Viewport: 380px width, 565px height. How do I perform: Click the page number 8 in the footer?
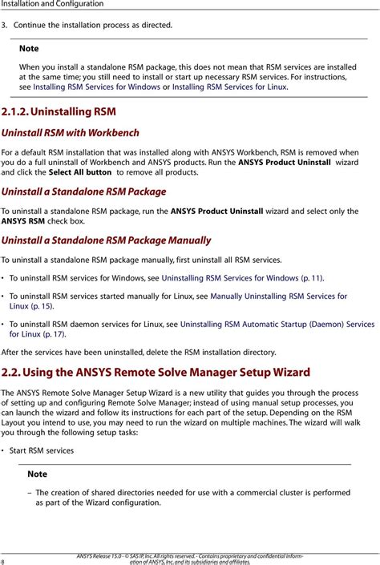(3, 560)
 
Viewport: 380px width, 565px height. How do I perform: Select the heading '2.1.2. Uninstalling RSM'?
(59, 111)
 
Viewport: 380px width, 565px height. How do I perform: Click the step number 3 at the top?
(3, 26)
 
